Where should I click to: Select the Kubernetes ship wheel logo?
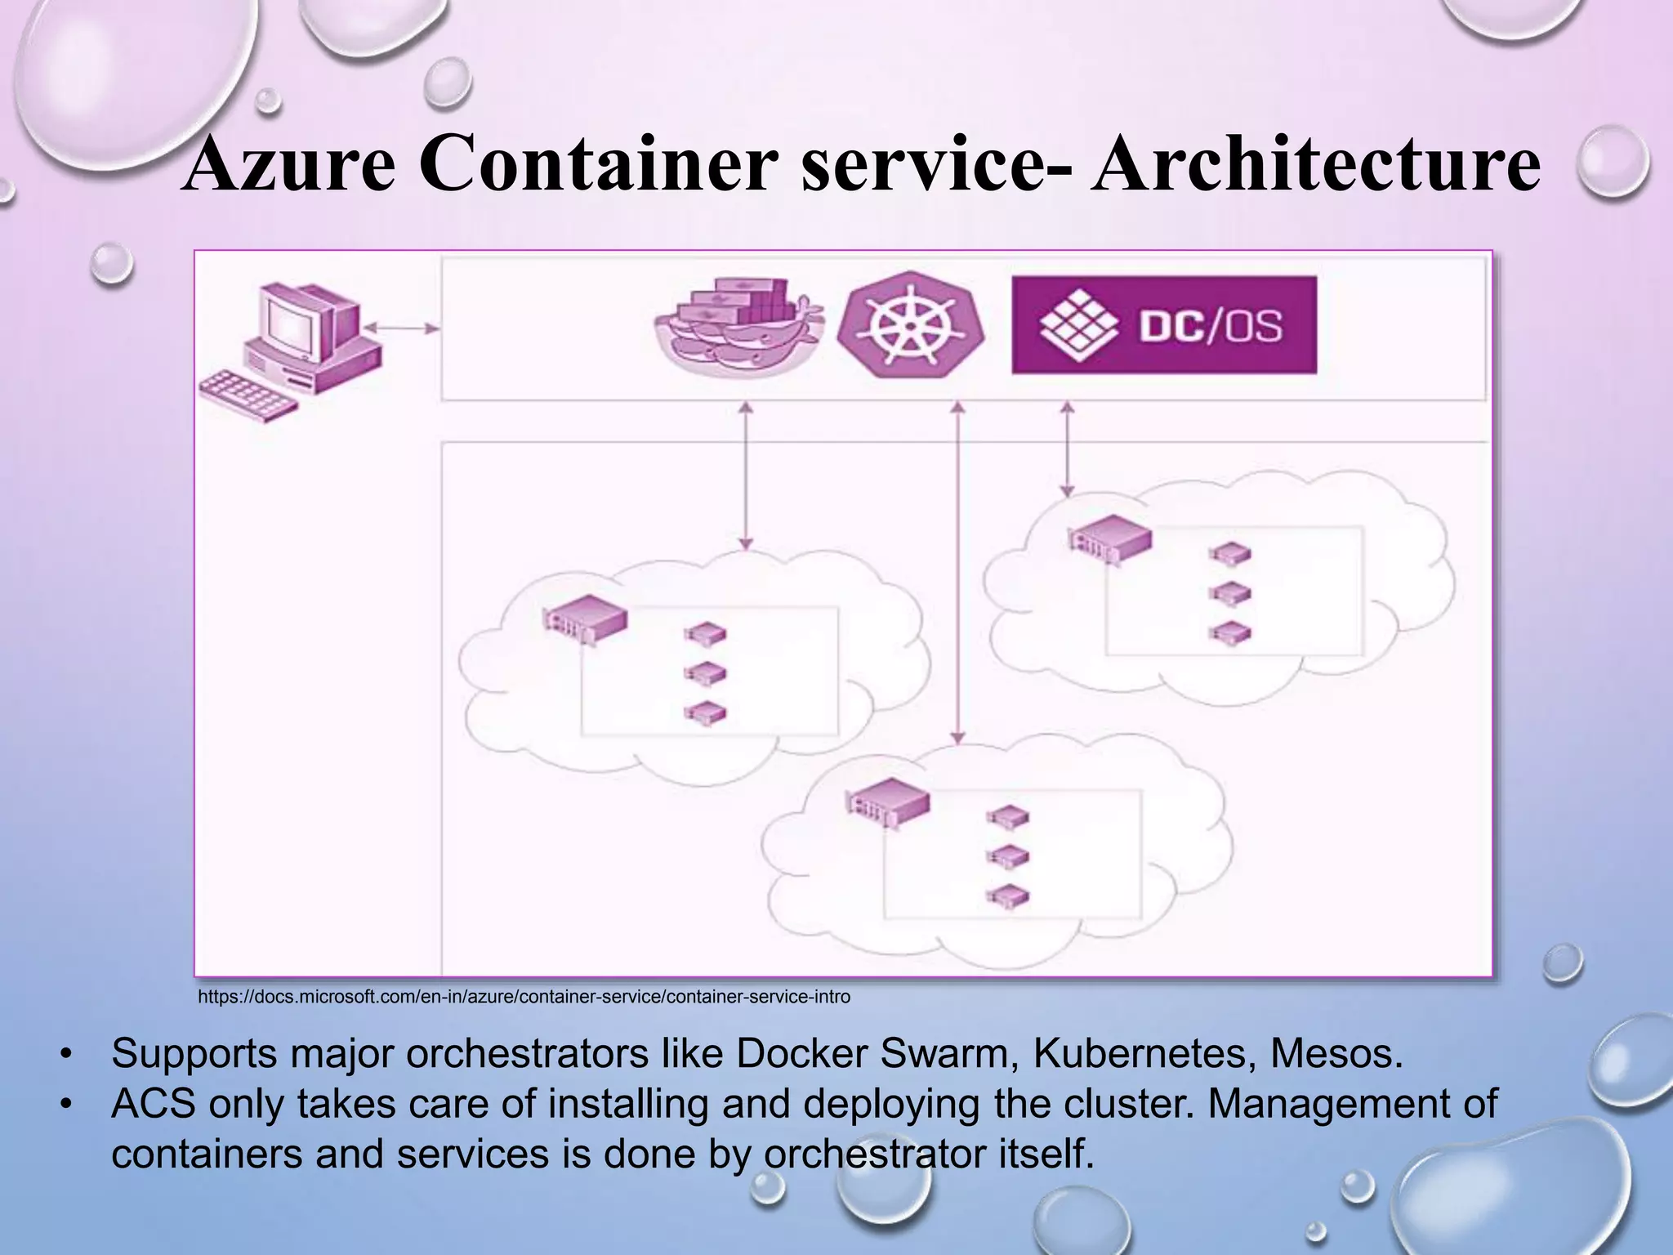911,325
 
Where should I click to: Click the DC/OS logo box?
1164,325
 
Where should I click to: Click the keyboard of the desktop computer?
245,395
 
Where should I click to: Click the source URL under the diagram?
524,997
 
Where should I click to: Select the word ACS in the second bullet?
154,1104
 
